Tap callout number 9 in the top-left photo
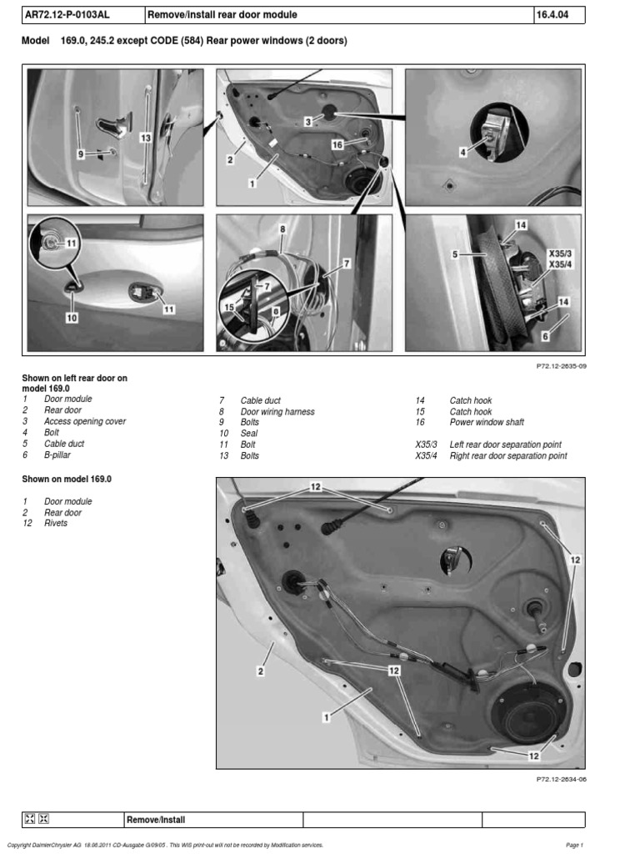pyautogui.click(x=81, y=154)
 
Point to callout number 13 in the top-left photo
pyautogui.click(x=145, y=138)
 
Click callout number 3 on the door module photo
pyautogui.click(x=307, y=121)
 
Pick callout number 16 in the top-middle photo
pyautogui.click(x=337, y=144)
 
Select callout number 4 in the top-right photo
pyautogui.click(x=463, y=153)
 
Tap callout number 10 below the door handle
pyautogui.click(x=72, y=318)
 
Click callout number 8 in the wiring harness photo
pyautogui.click(x=282, y=229)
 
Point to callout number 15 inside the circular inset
pyautogui.click(x=229, y=308)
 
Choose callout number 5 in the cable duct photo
pyautogui.click(x=456, y=257)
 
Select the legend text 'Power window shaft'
pyautogui.click(x=487, y=423)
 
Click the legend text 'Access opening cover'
pyautogui.click(x=85, y=422)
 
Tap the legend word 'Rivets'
pyautogui.click(x=56, y=524)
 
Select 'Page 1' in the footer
pyautogui.click(x=575, y=845)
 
